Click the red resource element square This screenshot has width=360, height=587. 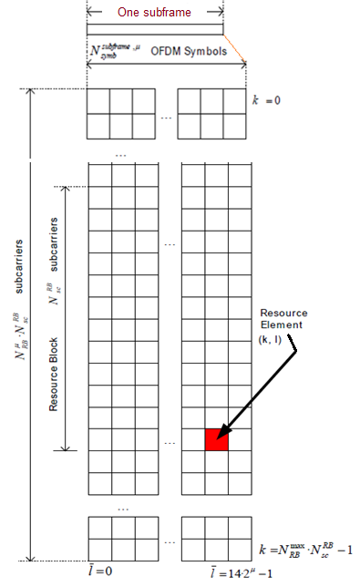pyautogui.click(x=216, y=438)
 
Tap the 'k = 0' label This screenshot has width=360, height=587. pyautogui.click(x=268, y=95)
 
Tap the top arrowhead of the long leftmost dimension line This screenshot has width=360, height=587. pyautogui.click(x=32, y=92)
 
